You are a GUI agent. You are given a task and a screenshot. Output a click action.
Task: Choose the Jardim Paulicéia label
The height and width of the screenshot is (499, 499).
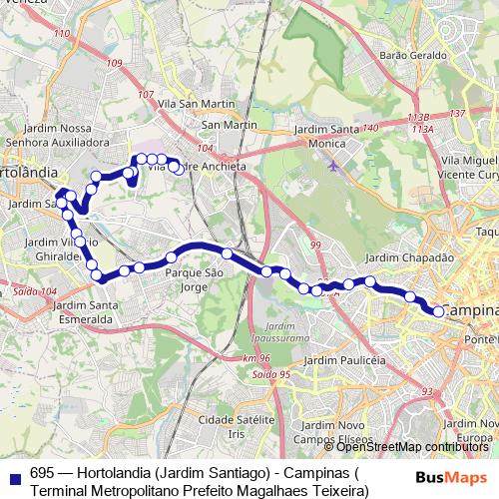coord(343,359)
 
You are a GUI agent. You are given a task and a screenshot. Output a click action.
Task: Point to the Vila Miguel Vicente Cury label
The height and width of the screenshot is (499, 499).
coord(467,166)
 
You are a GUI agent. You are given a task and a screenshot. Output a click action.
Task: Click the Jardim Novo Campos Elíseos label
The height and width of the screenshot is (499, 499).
coord(330,433)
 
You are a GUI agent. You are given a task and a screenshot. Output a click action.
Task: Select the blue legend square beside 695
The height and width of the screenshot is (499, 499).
coord(13,475)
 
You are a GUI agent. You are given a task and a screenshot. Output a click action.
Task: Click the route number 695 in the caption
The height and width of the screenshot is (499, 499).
coord(42,474)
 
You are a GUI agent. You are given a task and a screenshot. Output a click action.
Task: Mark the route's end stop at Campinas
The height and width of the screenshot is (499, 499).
coord(438,311)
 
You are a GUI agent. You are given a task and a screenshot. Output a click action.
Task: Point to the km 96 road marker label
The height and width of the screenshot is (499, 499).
coord(255,358)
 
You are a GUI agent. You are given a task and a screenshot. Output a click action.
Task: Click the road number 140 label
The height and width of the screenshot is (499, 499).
coord(371,129)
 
